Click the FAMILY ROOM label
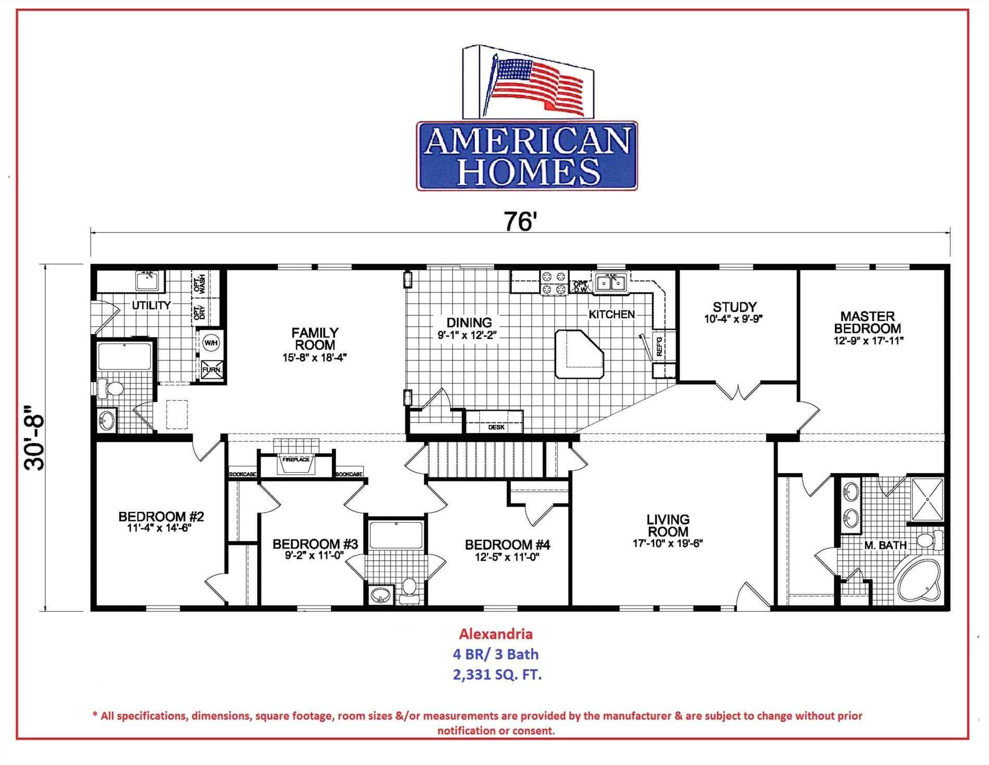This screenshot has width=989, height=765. tap(315, 339)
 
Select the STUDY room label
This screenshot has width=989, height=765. tap(734, 307)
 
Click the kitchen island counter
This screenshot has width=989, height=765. tap(578, 354)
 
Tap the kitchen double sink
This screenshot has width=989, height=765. tap(610, 282)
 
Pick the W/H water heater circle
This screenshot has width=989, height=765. tap(211, 343)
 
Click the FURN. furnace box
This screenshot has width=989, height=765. tap(211, 369)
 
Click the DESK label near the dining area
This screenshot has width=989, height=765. tap(496, 427)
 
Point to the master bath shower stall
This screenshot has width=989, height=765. tap(927, 499)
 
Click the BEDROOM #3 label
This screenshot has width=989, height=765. tap(315, 545)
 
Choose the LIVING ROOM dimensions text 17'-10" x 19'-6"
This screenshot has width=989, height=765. tap(668, 543)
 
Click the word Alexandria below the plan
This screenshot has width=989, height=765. tap(495, 634)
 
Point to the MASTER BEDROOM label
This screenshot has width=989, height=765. tap(867, 322)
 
